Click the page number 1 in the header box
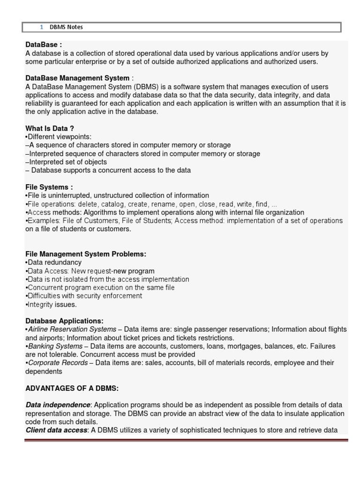[x=42, y=27]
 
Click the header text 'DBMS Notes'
[x=66, y=27]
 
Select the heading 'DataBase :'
[x=44, y=45]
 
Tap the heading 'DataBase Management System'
[x=77, y=78]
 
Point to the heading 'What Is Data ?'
[x=50, y=128]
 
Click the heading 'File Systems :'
[x=49, y=187]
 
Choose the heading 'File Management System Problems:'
[x=86, y=254]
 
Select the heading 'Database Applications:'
[x=64, y=321]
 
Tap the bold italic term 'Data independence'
[x=57, y=405]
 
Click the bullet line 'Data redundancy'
[x=54, y=262]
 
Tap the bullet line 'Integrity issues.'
[x=52, y=304]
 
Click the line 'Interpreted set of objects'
[x=67, y=162]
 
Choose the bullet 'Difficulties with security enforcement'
[x=84, y=296]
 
